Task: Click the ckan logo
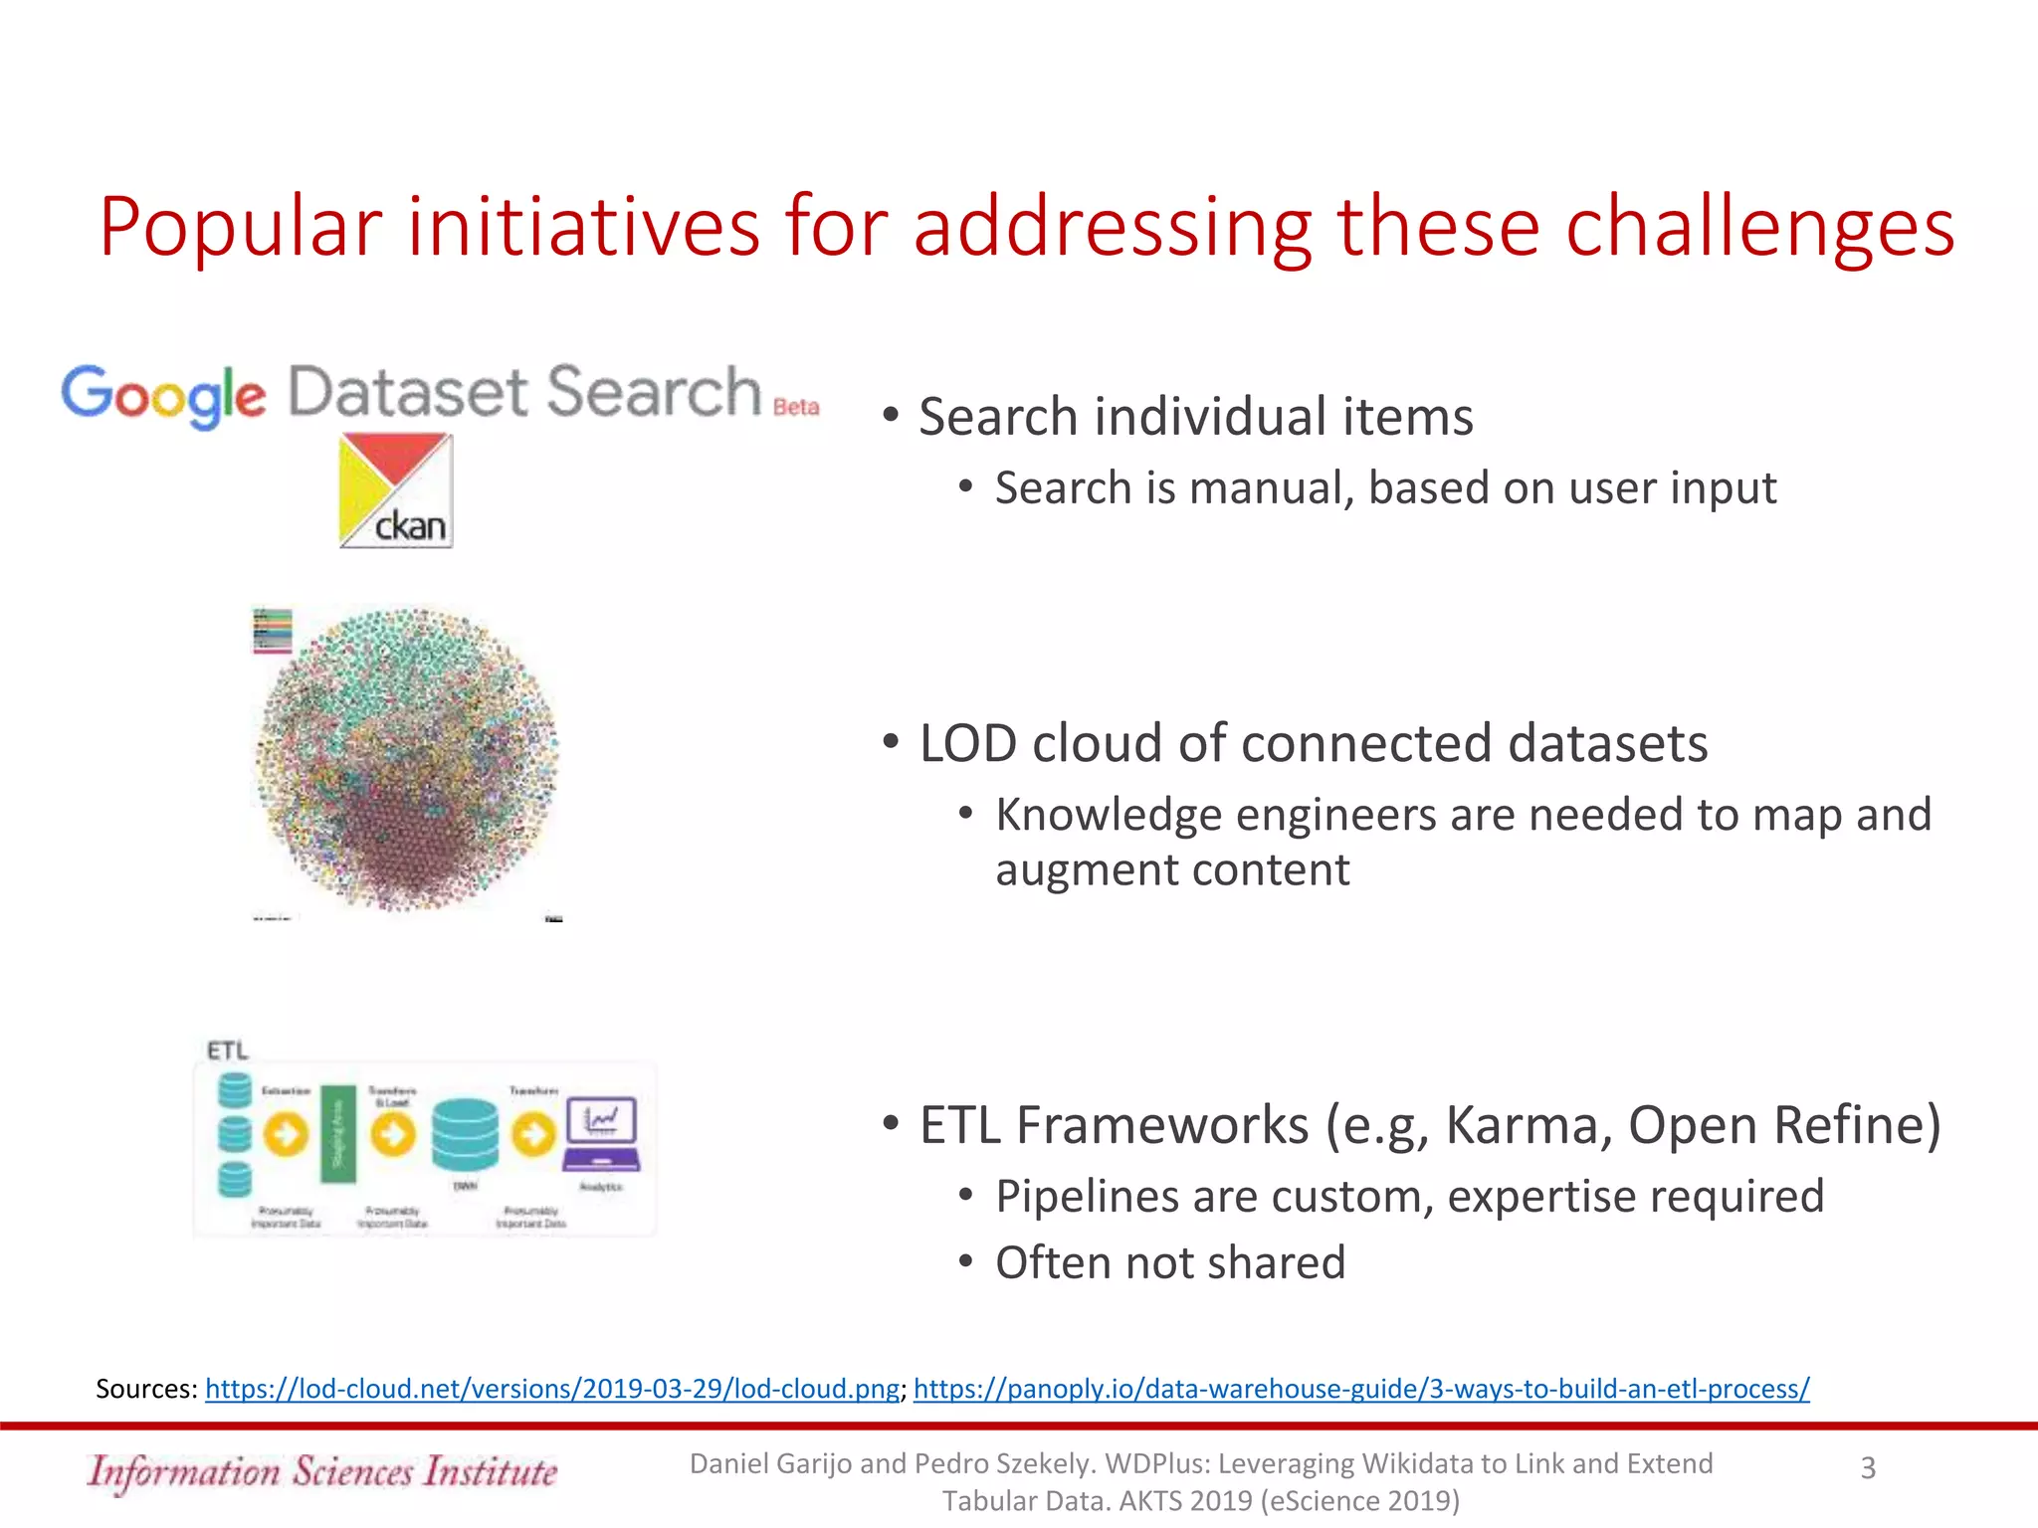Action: [x=396, y=490]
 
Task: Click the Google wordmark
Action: [x=163, y=395]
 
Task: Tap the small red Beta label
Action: [x=796, y=407]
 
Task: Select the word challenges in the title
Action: [x=1759, y=227]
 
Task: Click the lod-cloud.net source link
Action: [x=552, y=1389]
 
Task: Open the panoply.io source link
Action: [x=1360, y=1389]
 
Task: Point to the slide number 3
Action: [x=1868, y=1468]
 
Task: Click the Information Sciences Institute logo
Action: [x=322, y=1471]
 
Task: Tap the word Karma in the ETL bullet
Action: [x=1528, y=1126]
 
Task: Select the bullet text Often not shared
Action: [x=1170, y=1263]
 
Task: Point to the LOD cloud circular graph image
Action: [x=408, y=758]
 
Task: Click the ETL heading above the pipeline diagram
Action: [x=228, y=1050]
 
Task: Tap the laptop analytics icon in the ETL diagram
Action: [x=602, y=1134]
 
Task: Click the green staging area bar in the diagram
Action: [x=338, y=1133]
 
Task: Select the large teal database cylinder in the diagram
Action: [x=465, y=1134]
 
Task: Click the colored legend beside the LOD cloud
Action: [x=273, y=631]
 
